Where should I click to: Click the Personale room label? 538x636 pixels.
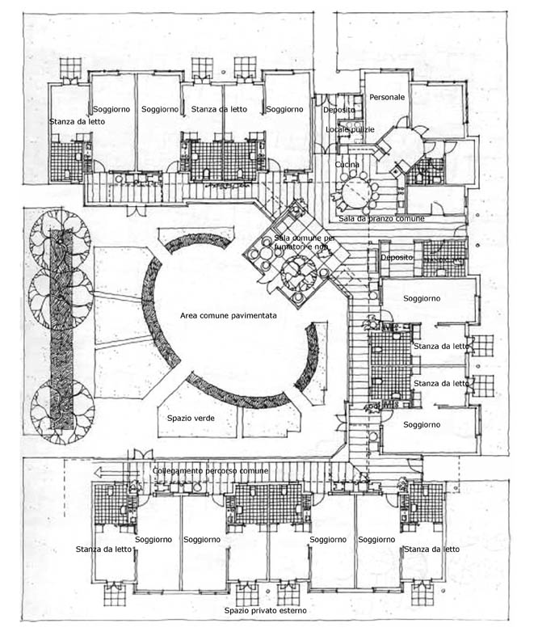(386, 97)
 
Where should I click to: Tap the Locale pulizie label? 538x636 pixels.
(349, 129)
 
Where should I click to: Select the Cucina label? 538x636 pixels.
(347, 165)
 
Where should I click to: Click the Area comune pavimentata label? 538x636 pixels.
(229, 316)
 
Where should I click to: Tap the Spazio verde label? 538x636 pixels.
(190, 419)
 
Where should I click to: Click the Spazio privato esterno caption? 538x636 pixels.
(267, 610)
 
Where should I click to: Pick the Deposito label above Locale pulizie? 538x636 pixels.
(338, 109)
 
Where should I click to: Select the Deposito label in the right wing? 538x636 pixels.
(397, 257)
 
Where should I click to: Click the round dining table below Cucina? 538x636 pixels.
(356, 192)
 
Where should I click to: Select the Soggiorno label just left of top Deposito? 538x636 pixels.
(284, 109)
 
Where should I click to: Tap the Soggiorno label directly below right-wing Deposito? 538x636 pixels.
(422, 299)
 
